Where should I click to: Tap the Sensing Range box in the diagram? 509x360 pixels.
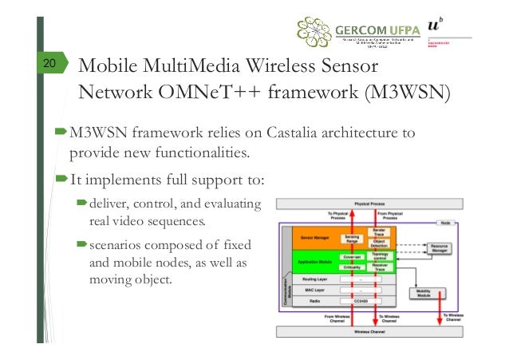[x=352, y=239]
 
